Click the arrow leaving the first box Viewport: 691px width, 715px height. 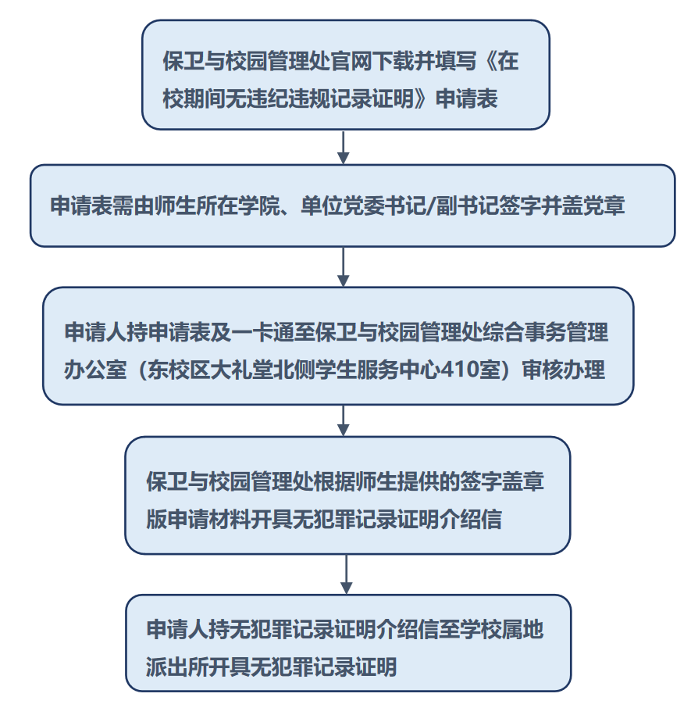coord(343,147)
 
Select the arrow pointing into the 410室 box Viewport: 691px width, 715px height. coord(343,266)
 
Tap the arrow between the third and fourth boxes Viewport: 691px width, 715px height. coord(343,420)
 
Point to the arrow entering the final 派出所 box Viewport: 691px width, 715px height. coord(346,574)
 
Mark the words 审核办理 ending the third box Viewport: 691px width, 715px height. coord(564,370)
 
